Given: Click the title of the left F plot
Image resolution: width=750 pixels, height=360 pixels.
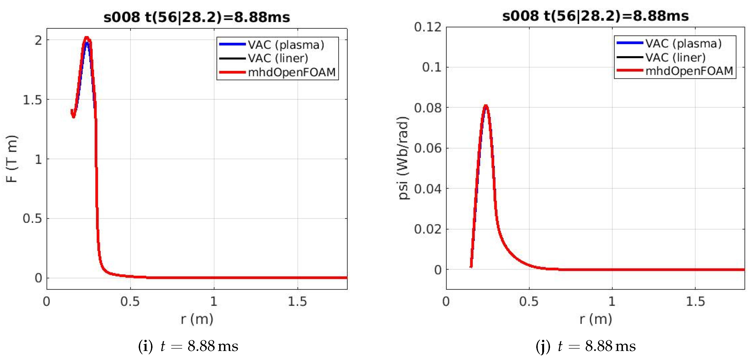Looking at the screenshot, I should pyautogui.click(x=197, y=17).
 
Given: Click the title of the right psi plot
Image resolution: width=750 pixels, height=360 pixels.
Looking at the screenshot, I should pyautogui.click(x=595, y=16).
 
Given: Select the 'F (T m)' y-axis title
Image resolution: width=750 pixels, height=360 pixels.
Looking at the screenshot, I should pyautogui.click(x=12, y=159).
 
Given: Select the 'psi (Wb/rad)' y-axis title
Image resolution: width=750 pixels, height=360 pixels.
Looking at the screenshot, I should pyautogui.click(x=403, y=158).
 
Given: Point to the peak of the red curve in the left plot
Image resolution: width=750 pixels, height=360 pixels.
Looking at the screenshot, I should pyautogui.click(x=86, y=38).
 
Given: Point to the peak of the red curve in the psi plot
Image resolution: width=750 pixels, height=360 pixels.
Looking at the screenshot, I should pyautogui.click(x=486, y=106).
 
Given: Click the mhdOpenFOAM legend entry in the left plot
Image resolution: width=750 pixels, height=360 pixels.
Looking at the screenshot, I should pyautogui.click(x=291, y=72).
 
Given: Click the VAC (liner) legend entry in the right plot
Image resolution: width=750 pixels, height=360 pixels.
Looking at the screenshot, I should pyautogui.click(x=675, y=57).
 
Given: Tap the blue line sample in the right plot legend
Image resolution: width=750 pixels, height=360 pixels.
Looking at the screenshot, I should pyautogui.click(x=629, y=43).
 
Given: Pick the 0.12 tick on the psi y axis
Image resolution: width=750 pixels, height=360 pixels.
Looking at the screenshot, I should pyautogui.click(x=427, y=27).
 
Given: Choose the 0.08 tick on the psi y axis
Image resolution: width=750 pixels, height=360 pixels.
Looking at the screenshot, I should pyautogui.click(x=427, y=108).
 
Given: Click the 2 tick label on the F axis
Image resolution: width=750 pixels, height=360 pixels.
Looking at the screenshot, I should pyautogui.click(x=38, y=40).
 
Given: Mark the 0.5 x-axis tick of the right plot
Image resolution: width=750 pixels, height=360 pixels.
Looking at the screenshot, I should pyautogui.click(x=529, y=302).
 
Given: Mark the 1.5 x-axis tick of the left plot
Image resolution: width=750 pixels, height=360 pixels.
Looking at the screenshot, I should pyautogui.click(x=297, y=302).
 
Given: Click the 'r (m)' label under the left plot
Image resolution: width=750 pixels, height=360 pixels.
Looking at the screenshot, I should pyautogui.click(x=197, y=319).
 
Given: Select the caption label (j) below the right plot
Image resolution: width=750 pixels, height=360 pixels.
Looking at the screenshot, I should pyautogui.click(x=543, y=346).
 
